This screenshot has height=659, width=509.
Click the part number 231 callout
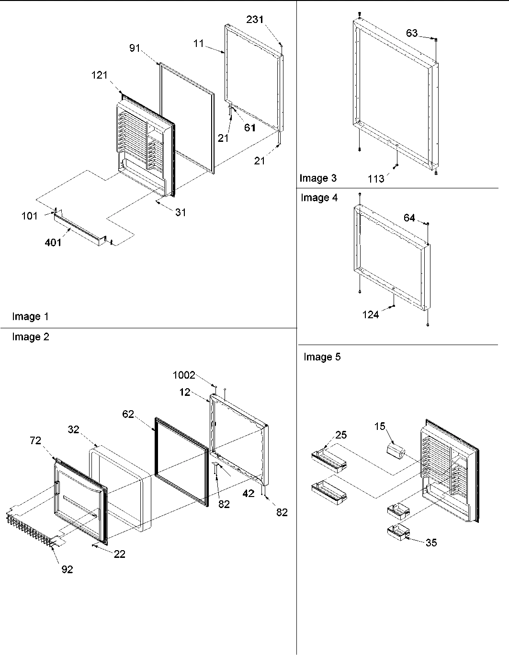coord(255,19)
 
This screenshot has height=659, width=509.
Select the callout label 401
coord(53,243)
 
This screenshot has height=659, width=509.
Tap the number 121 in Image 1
coord(100,75)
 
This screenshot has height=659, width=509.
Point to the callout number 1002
coord(184,375)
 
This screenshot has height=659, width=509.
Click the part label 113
coord(376,179)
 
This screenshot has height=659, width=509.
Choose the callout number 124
coord(370,314)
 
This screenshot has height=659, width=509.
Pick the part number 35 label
coord(431,543)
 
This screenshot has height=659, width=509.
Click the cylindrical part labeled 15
coord(396,451)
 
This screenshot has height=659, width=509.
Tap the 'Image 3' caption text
coord(318,178)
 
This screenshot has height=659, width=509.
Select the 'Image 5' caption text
coord(322,357)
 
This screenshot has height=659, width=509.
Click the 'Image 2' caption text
coord(31,337)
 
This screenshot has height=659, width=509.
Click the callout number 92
coord(67,569)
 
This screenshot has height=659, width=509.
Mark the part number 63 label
coord(412,33)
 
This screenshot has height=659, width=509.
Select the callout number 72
coord(36,440)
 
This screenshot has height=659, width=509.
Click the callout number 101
coord(29,216)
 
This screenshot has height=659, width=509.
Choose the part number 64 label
coord(409,218)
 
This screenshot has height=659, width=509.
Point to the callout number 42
coord(248,493)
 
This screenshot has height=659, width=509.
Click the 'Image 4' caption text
coord(319,197)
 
